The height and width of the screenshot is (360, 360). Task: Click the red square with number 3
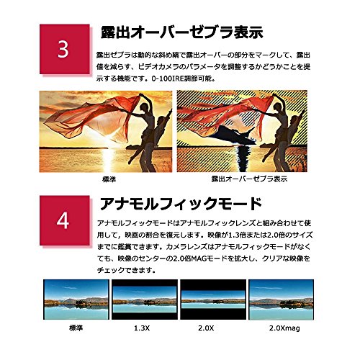[65, 49]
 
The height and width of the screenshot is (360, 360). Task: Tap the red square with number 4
[65, 220]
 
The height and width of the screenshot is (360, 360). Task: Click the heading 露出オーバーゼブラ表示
[181, 32]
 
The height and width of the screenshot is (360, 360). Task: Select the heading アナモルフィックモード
[181, 204]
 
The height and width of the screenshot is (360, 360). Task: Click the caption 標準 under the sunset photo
[109, 179]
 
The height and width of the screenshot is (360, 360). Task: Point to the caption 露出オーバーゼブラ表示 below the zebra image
[249, 179]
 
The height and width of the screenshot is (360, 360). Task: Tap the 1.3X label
[142, 328]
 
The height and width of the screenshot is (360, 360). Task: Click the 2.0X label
[206, 328]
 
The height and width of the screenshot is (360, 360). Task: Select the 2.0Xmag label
[284, 328]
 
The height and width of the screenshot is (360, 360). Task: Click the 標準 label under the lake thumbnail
[76, 328]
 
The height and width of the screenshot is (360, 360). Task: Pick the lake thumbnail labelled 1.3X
[145, 300]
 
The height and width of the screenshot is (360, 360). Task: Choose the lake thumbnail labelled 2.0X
[213, 300]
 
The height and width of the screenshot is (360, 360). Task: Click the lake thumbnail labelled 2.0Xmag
[282, 300]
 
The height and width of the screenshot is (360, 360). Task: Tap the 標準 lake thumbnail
[76, 300]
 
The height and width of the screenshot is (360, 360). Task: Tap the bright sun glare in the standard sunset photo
[107, 142]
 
